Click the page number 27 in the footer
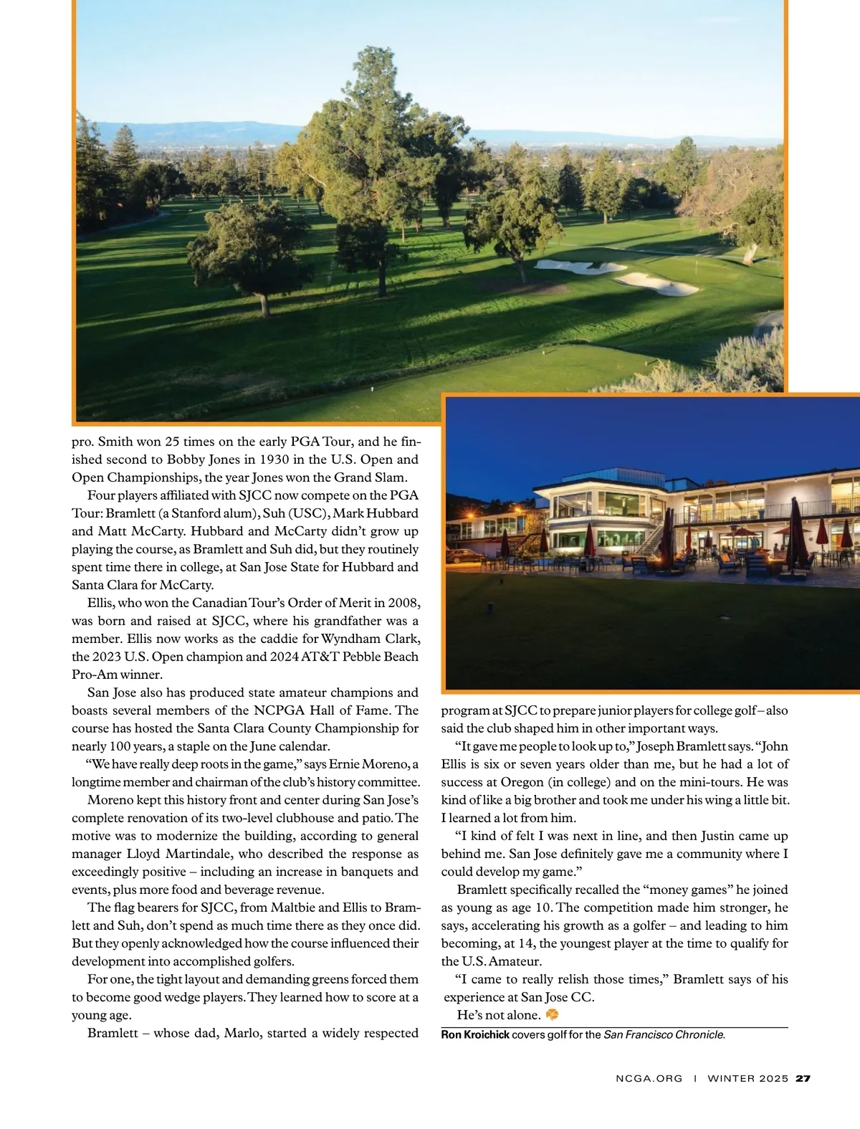pos(803,1078)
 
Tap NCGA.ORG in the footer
pos(649,1078)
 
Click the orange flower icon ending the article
pos(552,1014)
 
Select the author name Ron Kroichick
pos(474,1034)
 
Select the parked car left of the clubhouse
pos(467,555)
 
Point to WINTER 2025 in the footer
pos(747,1078)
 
